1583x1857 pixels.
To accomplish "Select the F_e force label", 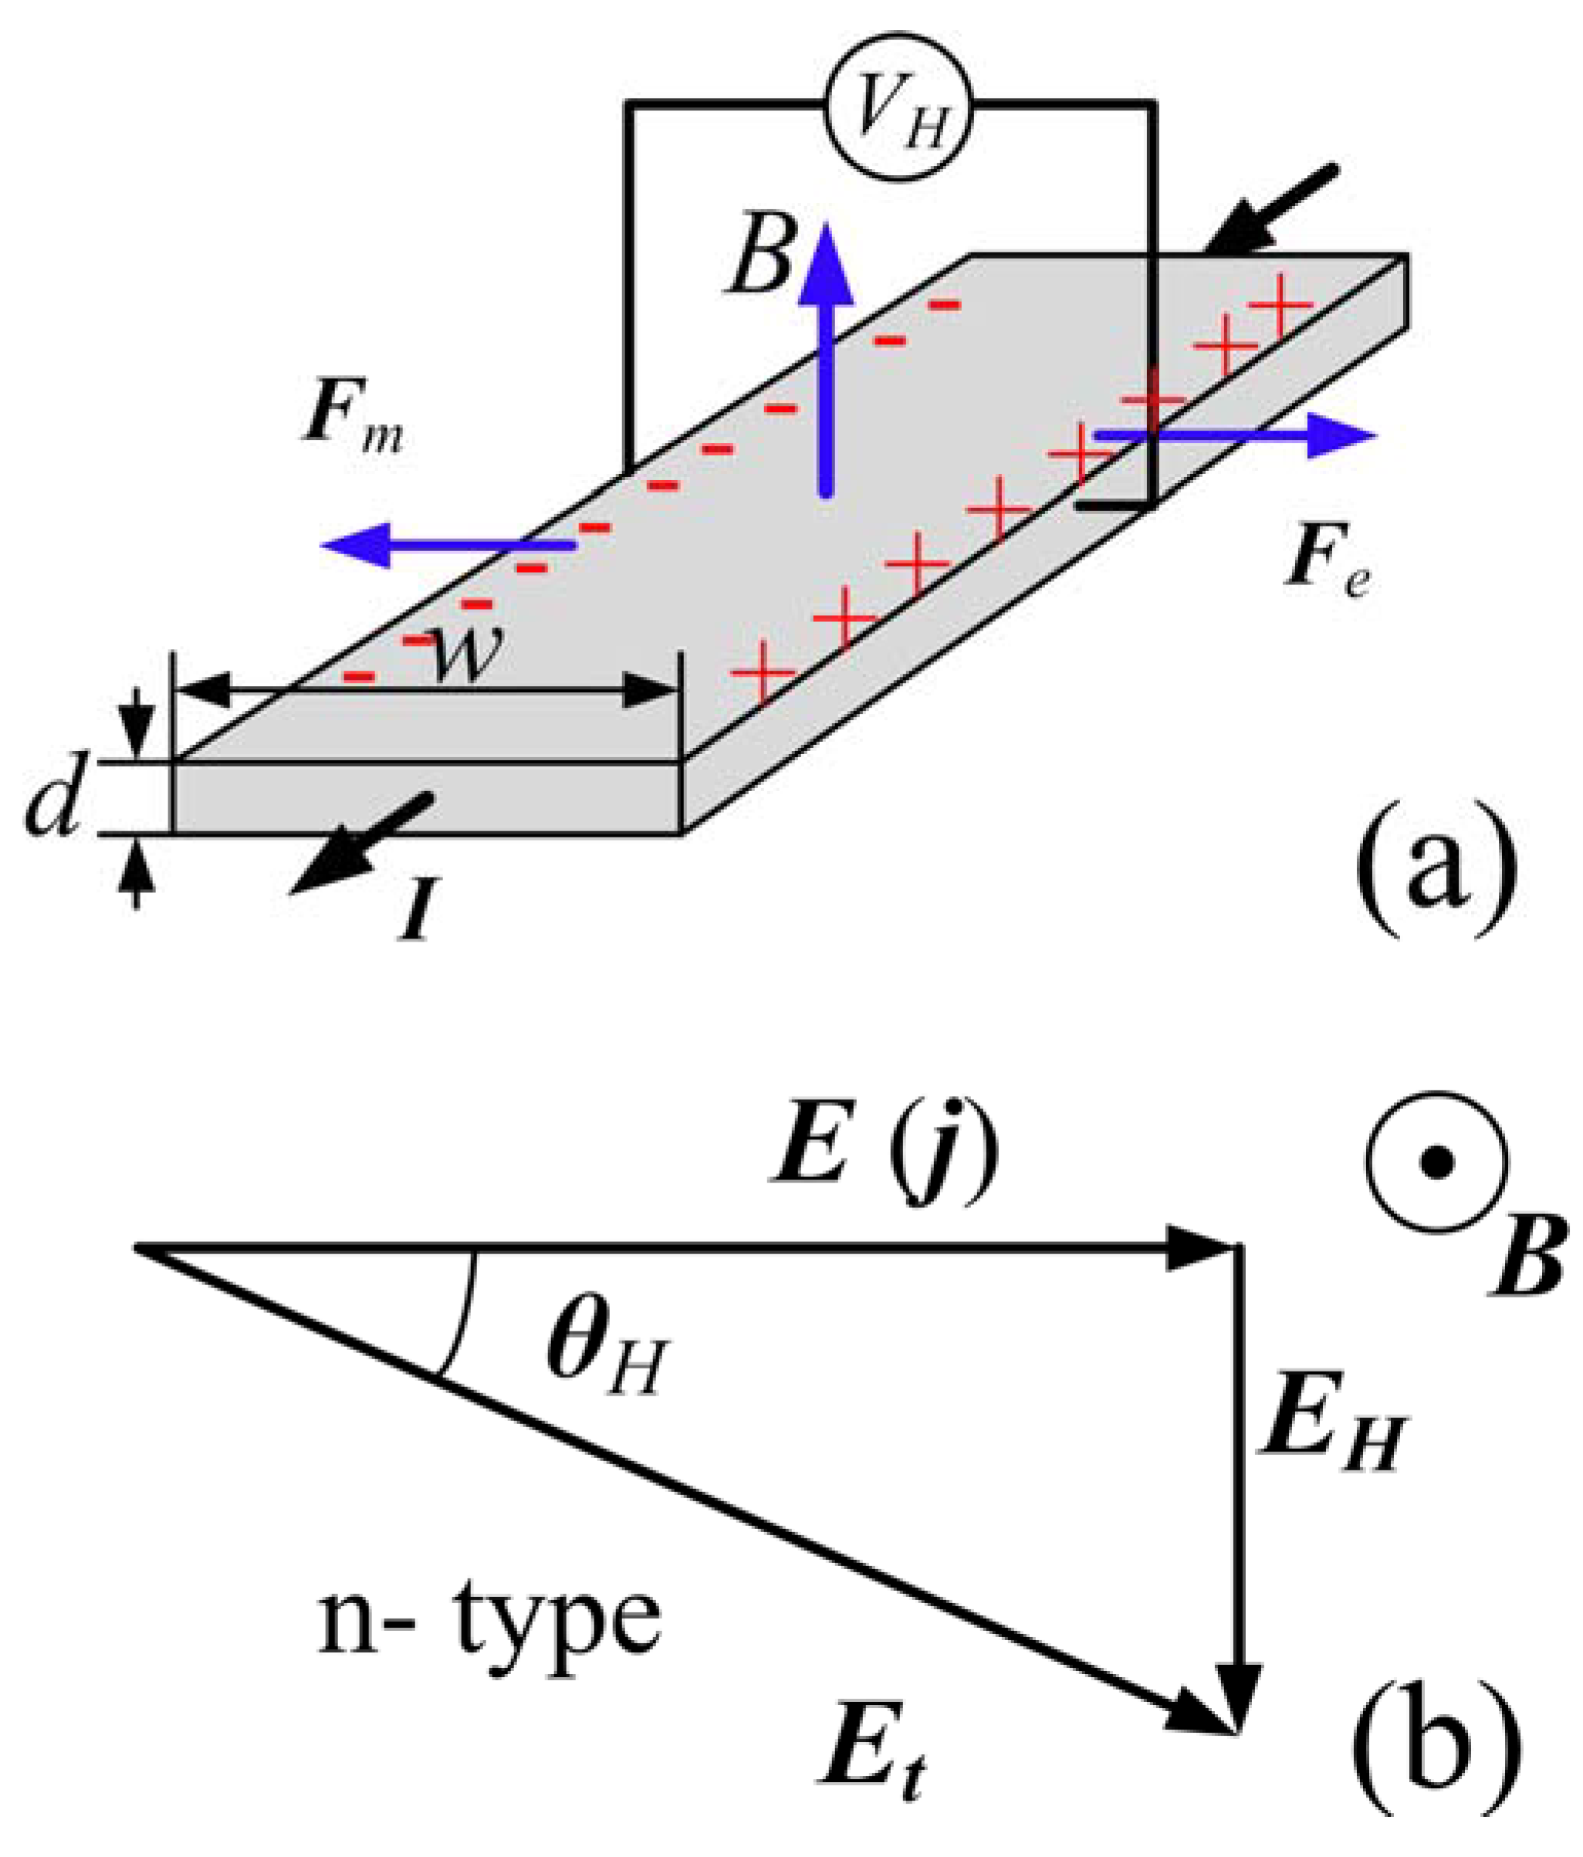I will click(1328, 568).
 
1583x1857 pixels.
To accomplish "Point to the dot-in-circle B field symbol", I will click(1437, 1163).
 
